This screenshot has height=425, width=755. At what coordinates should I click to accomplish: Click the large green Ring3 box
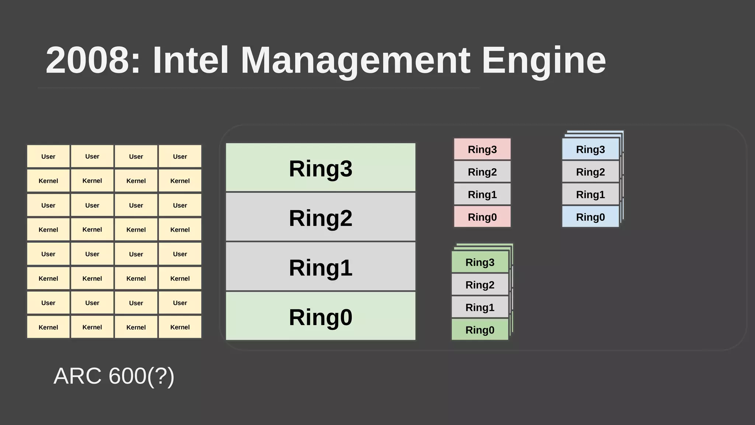(x=320, y=167)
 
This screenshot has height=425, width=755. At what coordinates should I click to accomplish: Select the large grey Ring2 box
(x=320, y=217)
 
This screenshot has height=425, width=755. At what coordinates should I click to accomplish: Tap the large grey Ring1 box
(x=320, y=267)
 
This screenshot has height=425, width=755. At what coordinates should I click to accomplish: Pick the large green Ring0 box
(x=320, y=316)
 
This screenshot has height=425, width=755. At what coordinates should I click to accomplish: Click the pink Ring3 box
(x=482, y=149)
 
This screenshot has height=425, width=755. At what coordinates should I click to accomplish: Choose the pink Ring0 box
(x=482, y=217)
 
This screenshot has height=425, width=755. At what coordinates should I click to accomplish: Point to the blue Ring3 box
(x=590, y=149)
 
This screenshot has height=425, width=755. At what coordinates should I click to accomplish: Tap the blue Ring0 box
(x=590, y=217)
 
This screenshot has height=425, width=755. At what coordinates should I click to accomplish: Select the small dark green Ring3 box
(x=480, y=262)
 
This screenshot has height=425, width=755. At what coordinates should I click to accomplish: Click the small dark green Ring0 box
(x=480, y=329)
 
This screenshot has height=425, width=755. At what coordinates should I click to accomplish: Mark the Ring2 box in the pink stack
(x=482, y=172)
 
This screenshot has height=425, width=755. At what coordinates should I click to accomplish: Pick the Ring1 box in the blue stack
(x=590, y=194)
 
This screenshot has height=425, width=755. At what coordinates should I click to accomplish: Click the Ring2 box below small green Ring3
(x=480, y=284)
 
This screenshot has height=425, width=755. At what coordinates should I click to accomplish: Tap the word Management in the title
(x=355, y=60)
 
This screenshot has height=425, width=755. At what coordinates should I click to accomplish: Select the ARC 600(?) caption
(x=114, y=376)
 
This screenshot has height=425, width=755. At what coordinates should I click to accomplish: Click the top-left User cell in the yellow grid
(x=48, y=156)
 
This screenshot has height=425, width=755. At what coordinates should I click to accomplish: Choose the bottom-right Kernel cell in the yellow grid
(x=180, y=327)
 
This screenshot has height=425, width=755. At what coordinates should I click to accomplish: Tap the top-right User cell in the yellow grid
(x=180, y=156)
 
